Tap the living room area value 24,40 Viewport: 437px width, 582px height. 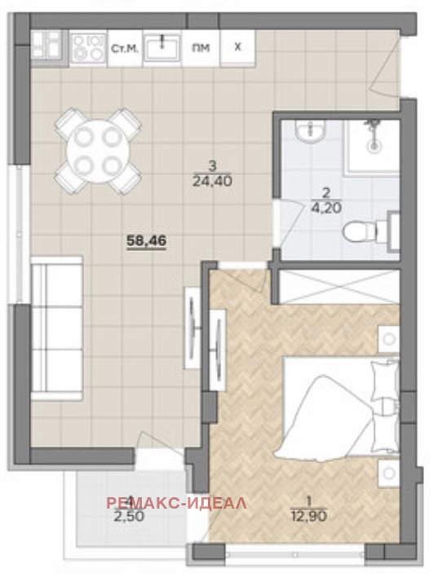click(210, 183)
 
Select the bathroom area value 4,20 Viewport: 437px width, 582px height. click(326, 207)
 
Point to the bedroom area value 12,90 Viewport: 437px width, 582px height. click(304, 513)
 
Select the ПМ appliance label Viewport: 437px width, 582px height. click(201, 48)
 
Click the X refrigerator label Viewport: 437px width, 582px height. click(237, 47)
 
